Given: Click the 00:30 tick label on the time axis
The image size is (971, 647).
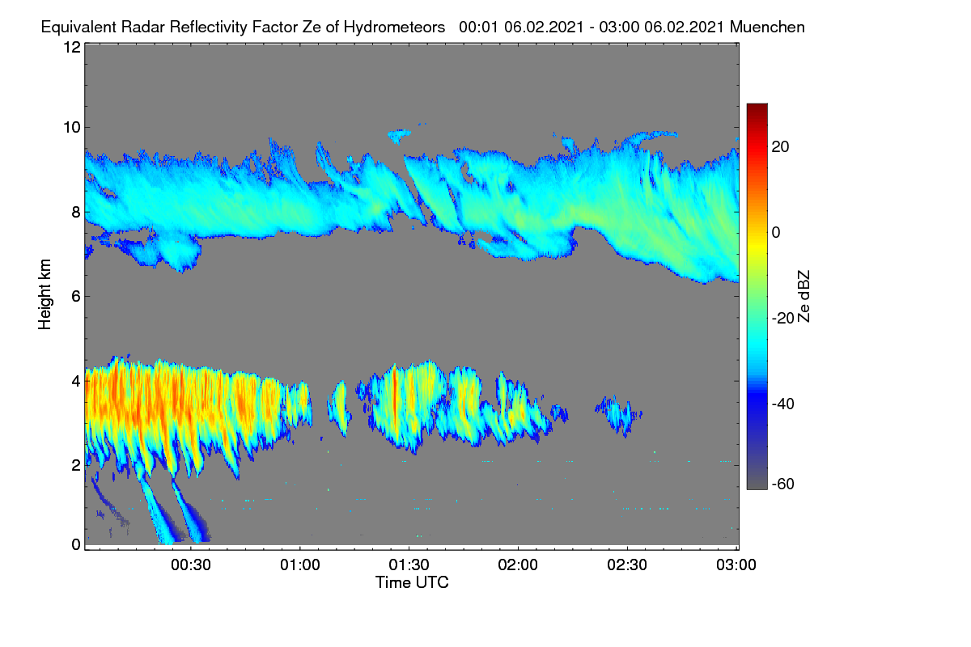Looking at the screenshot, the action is coord(191,565).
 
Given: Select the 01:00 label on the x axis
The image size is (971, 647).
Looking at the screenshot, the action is coord(300,565).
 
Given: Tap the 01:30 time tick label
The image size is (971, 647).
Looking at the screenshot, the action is coord(409,565).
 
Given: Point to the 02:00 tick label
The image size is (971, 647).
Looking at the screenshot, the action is coord(518,565).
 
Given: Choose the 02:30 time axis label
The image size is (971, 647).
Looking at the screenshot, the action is coord(627,565).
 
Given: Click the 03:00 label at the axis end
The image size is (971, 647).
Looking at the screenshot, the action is coord(736,565).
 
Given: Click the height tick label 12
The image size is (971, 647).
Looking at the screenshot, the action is coord(72,47).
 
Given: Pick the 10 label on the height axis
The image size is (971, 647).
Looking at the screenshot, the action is coord(72,128).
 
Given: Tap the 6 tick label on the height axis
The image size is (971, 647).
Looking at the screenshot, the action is coord(76,297).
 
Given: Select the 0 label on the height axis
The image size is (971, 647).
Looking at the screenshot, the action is coord(76,545).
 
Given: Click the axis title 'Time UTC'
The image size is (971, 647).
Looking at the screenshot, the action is coord(412,583).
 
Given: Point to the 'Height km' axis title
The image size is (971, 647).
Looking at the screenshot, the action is coord(45,294).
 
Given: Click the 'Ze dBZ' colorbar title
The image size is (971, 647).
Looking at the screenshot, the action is coord(804,297).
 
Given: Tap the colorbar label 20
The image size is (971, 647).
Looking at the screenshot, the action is coord(780,147).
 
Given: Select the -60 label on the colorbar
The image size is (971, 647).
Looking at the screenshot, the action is coord(783,484).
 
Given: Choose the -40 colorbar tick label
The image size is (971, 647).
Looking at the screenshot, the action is coord(783,404).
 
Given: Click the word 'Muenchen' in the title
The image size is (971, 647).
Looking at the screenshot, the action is coord(767,27).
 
